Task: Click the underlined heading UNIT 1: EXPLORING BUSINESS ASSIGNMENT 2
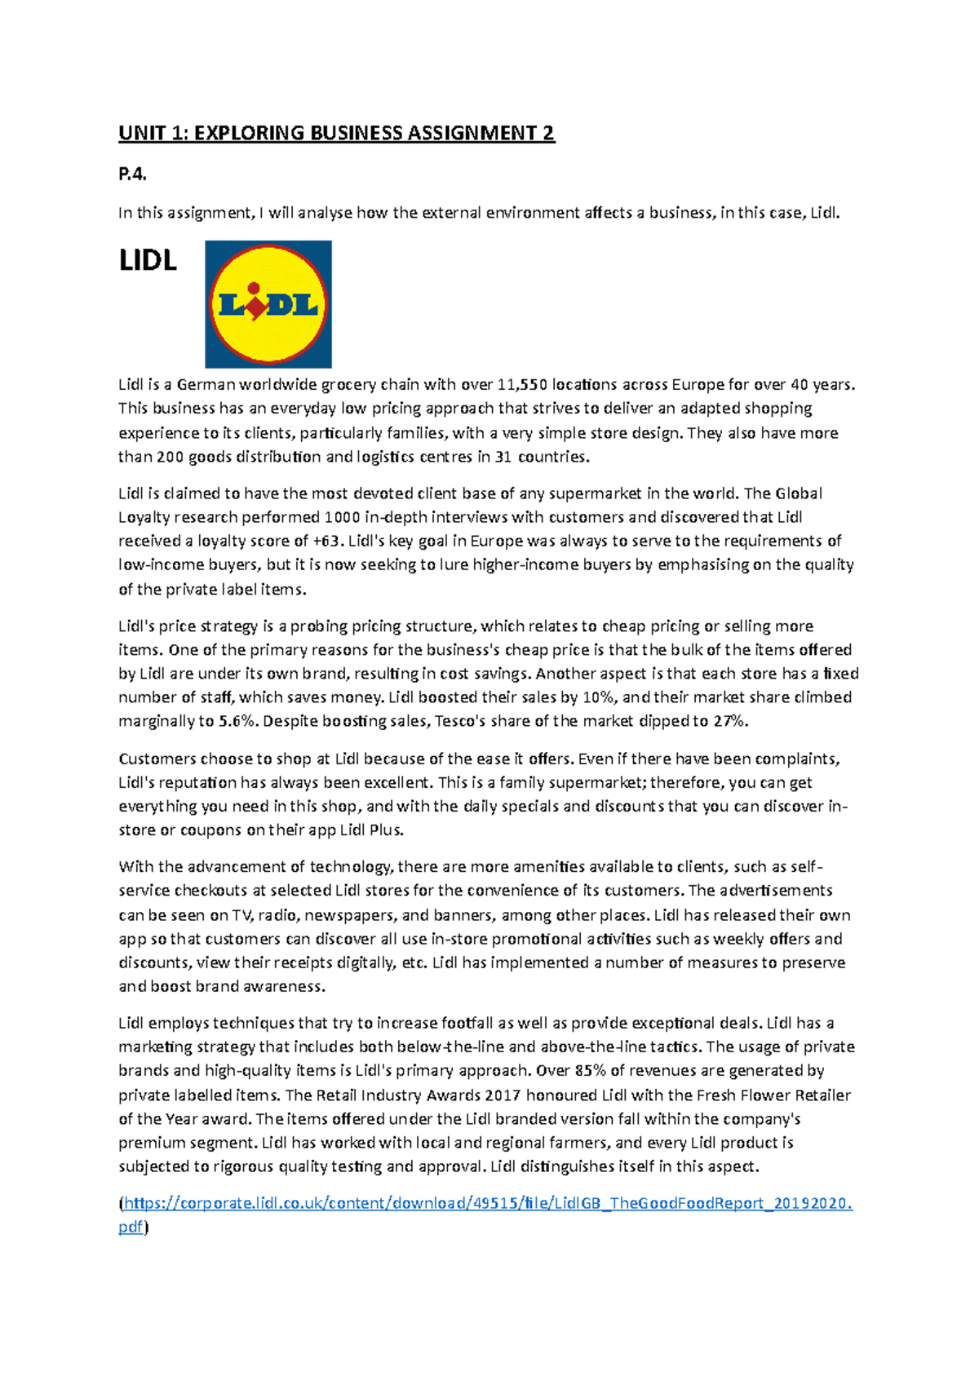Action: pos(336,133)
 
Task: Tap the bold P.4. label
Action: pos(132,174)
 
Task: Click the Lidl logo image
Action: pos(268,304)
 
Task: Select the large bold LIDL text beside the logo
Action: pos(148,261)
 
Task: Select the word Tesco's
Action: pos(463,722)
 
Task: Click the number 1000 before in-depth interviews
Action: pos(342,517)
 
